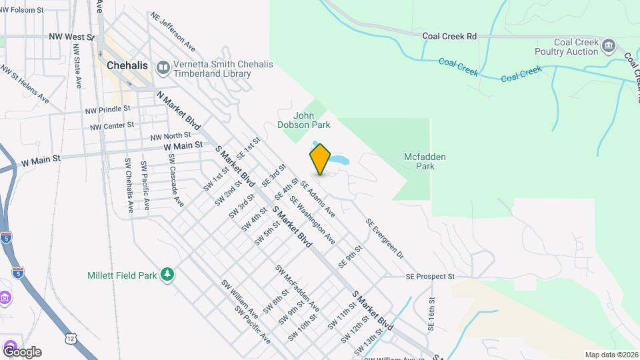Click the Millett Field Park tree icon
click(169, 275)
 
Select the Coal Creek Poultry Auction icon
click(608, 45)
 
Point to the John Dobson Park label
click(303, 119)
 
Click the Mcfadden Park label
click(425, 161)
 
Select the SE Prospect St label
click(430, 276)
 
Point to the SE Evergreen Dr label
click(385, 238)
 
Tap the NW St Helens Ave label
click(25, 83)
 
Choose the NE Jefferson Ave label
click(173, 31)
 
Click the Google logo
click(22, 351)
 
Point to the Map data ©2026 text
click(611, 355)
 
